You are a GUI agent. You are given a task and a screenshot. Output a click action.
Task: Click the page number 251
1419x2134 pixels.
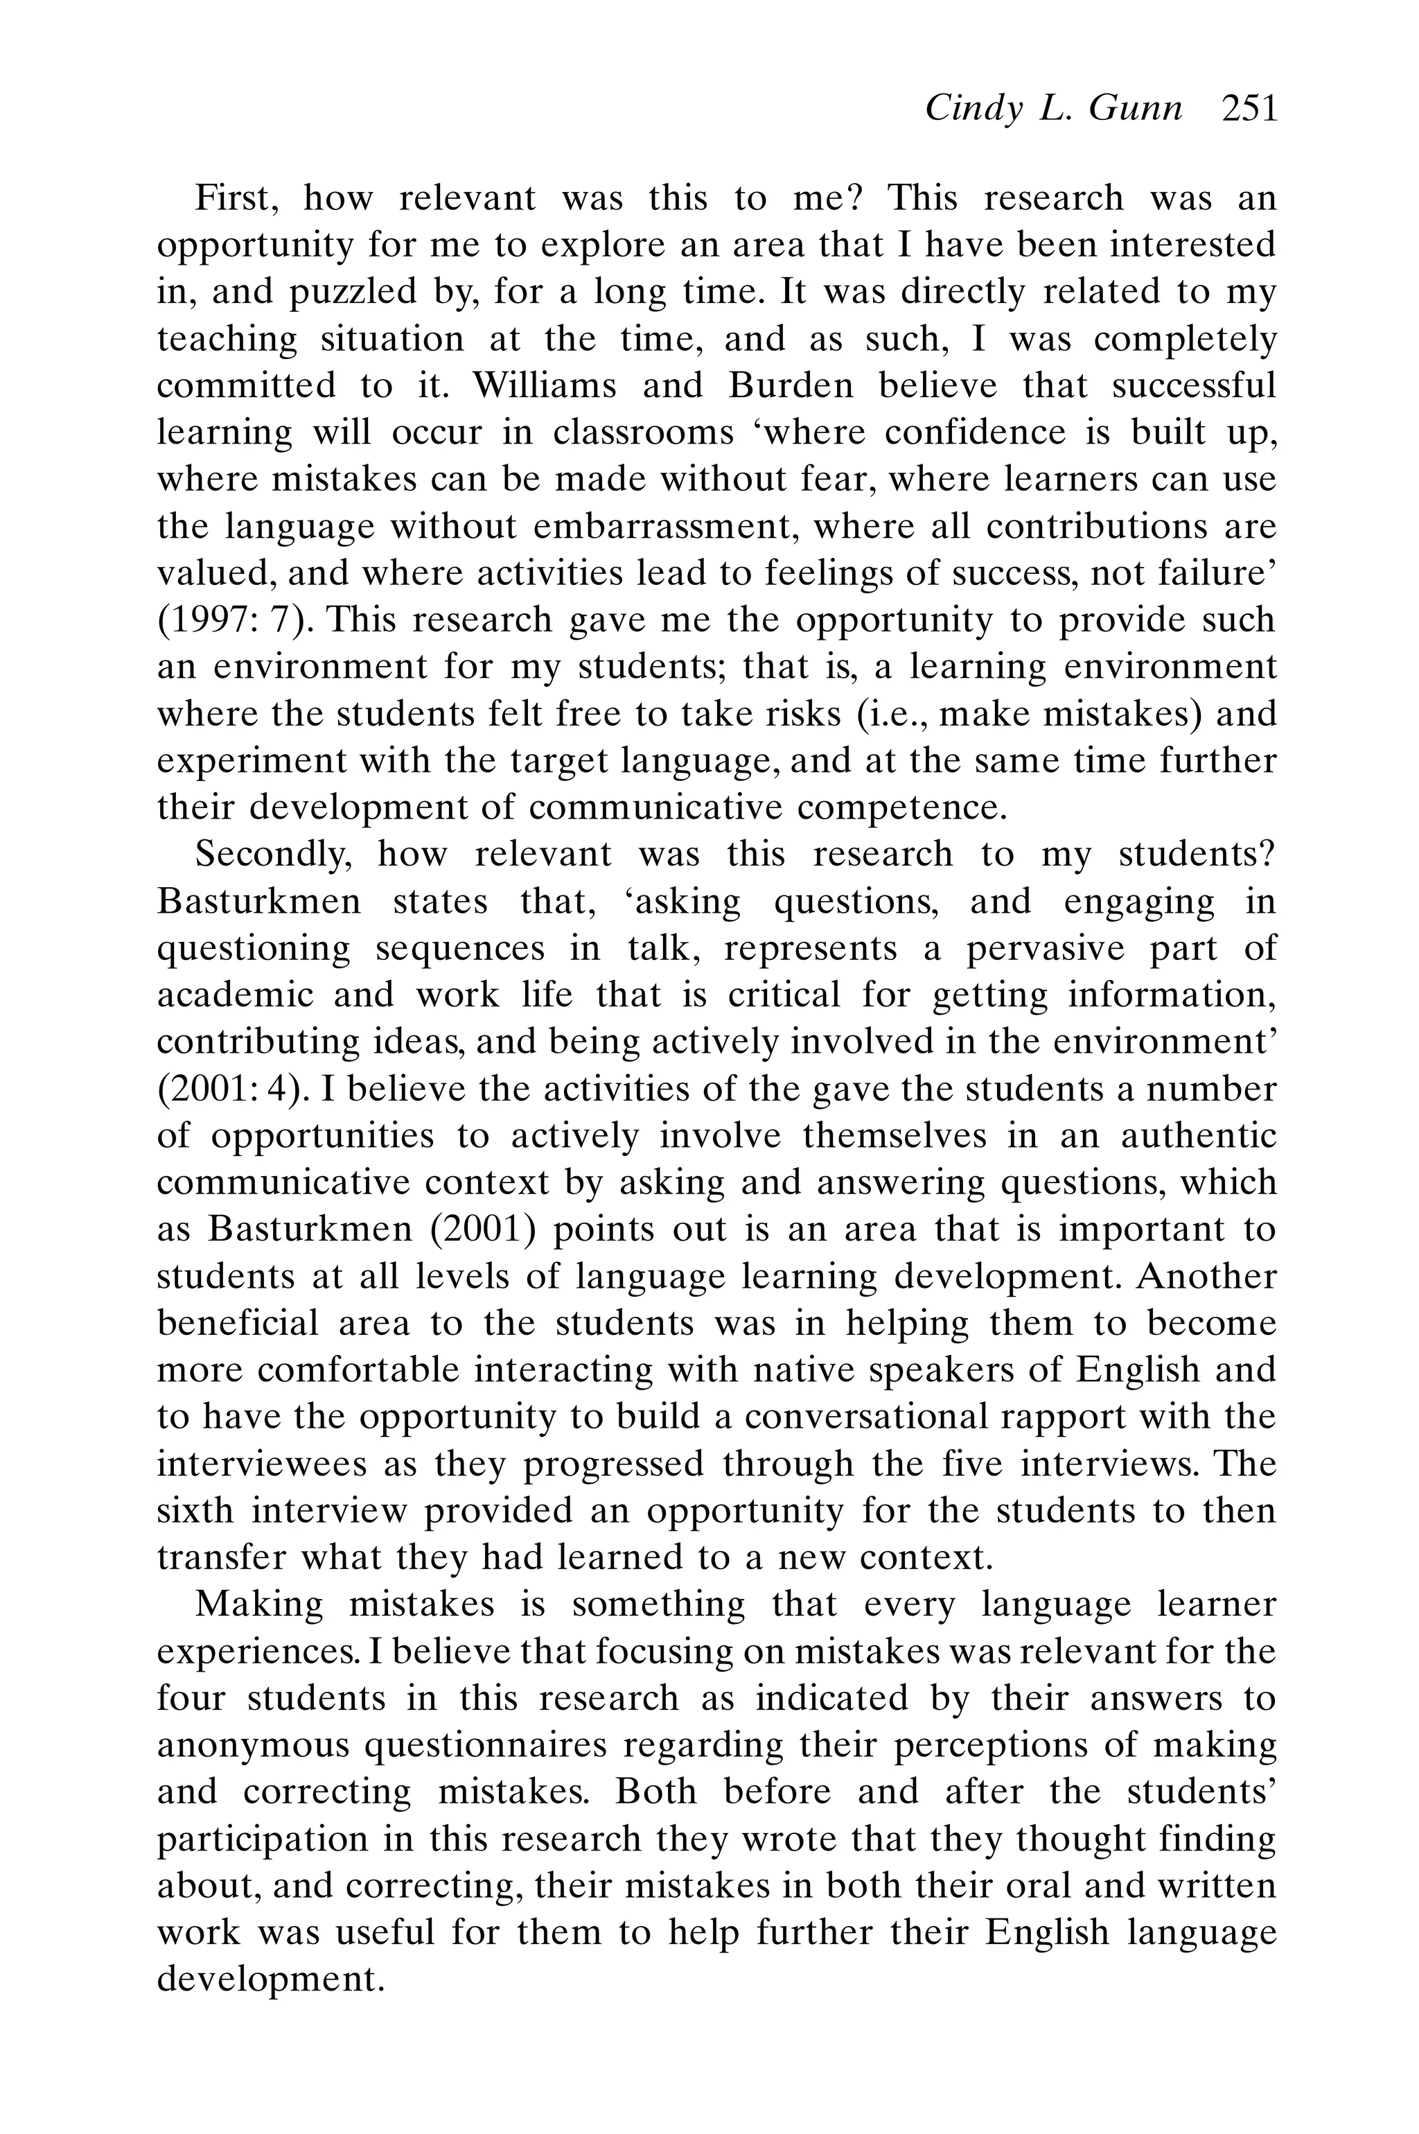click(x=1249, y=110)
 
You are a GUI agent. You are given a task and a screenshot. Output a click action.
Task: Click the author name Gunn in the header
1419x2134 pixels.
click(x=1135, y=110)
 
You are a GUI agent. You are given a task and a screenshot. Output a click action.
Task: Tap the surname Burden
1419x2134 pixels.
click(x=790, y=385)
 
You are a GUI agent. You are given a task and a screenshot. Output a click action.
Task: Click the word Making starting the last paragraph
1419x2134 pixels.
click(x=259, y=1604)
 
